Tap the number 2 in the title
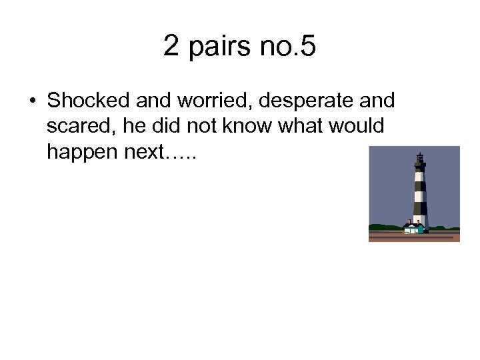point(171,46)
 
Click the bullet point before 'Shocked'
point(32,101)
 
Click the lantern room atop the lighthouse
point(419,160)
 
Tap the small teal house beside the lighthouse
point(413,229)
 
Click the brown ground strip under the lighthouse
point(413,237)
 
